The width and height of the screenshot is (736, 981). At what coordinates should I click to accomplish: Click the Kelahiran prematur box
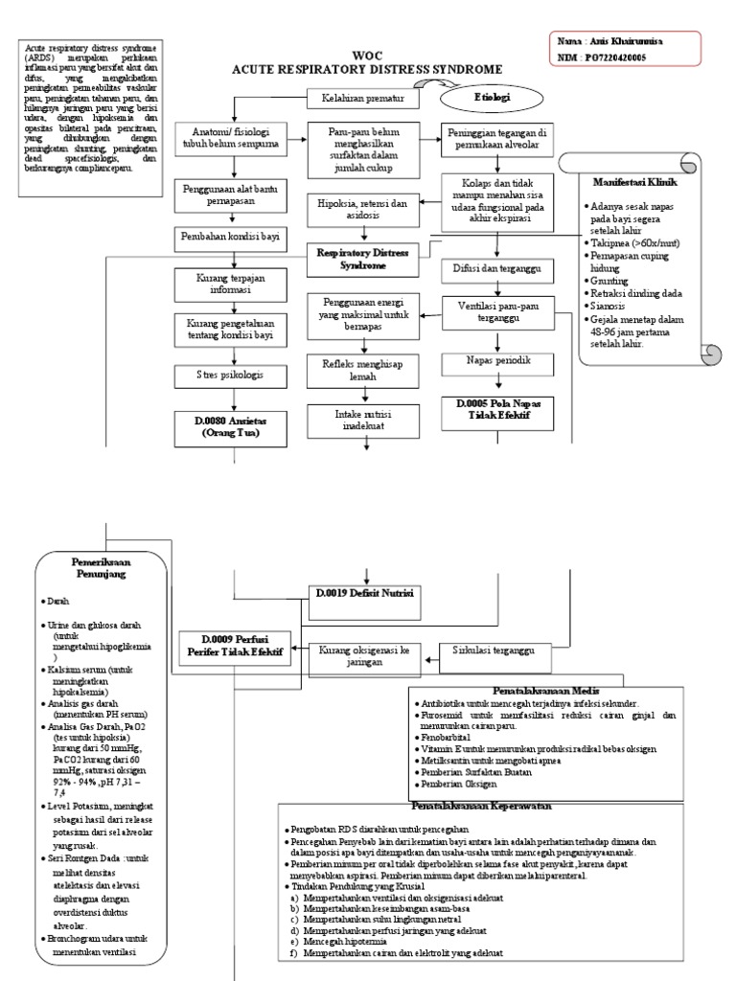(356, 98)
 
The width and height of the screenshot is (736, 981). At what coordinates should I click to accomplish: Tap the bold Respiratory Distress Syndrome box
(357, 258)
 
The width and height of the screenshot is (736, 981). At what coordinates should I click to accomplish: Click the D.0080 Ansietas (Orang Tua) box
(229, 425)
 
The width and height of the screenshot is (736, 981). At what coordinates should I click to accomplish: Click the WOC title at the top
(367, 57)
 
